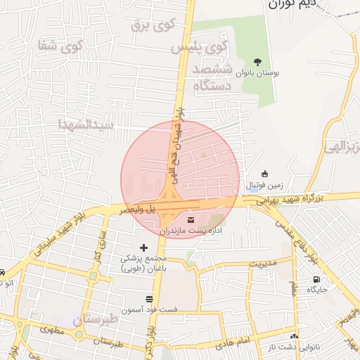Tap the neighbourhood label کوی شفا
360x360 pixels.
61,46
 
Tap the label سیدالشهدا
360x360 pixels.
86,124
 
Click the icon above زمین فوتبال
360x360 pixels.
264,174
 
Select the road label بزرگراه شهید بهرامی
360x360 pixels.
298,200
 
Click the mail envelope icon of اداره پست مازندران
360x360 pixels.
192,221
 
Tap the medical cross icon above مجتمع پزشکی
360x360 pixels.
144,247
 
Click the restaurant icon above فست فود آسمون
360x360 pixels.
148,299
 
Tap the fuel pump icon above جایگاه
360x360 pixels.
315,280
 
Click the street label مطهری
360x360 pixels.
53,328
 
